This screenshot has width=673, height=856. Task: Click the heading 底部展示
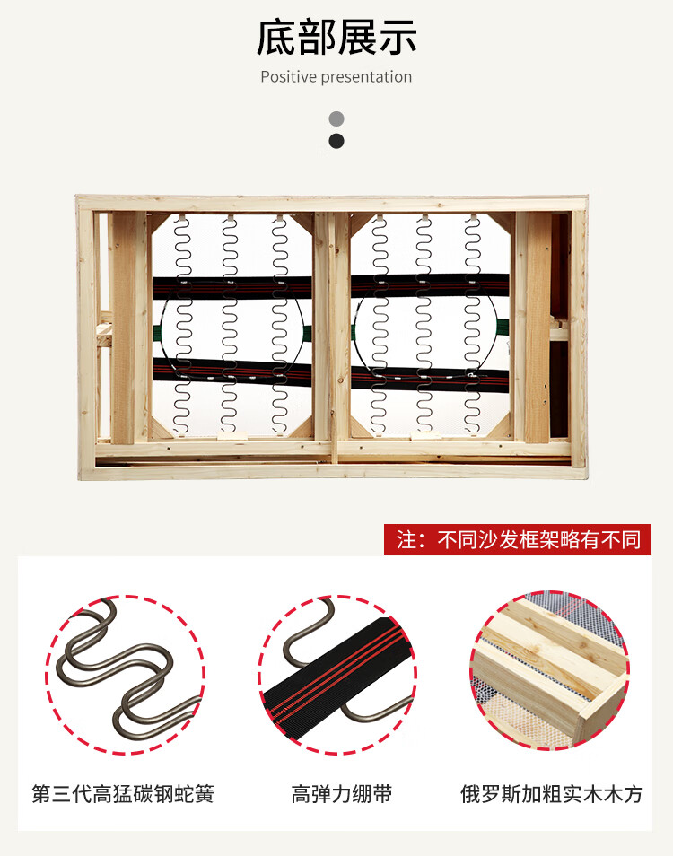336,37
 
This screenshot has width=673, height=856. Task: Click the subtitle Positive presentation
336,77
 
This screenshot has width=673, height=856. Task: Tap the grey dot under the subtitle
336,118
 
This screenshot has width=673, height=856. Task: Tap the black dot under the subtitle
336,141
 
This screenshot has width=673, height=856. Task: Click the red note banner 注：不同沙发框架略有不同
518,539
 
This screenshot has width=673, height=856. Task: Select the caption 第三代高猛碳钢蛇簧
123,794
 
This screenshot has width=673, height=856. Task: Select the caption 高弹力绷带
341,794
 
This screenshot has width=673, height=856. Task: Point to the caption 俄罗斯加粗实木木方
551,794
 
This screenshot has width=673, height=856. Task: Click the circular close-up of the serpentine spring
126,675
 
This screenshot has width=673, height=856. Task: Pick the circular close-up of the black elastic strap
337,675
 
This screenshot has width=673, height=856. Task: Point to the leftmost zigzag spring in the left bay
182,326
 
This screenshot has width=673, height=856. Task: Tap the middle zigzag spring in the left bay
230,325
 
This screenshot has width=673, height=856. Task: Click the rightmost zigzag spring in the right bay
473,324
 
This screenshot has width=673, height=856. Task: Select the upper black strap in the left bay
232,287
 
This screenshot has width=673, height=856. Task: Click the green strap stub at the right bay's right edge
503,328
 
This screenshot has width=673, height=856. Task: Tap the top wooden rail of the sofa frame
332,203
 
